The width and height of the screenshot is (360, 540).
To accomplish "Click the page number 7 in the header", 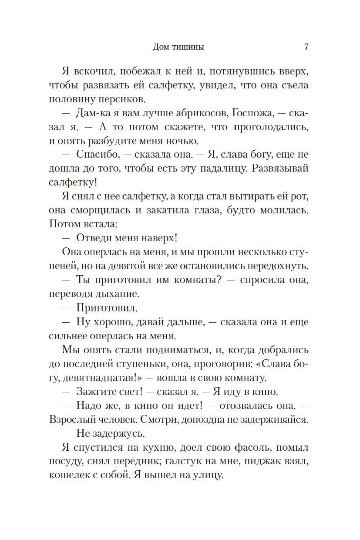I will (306, 47).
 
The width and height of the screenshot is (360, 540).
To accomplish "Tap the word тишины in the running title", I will (188, 47).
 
